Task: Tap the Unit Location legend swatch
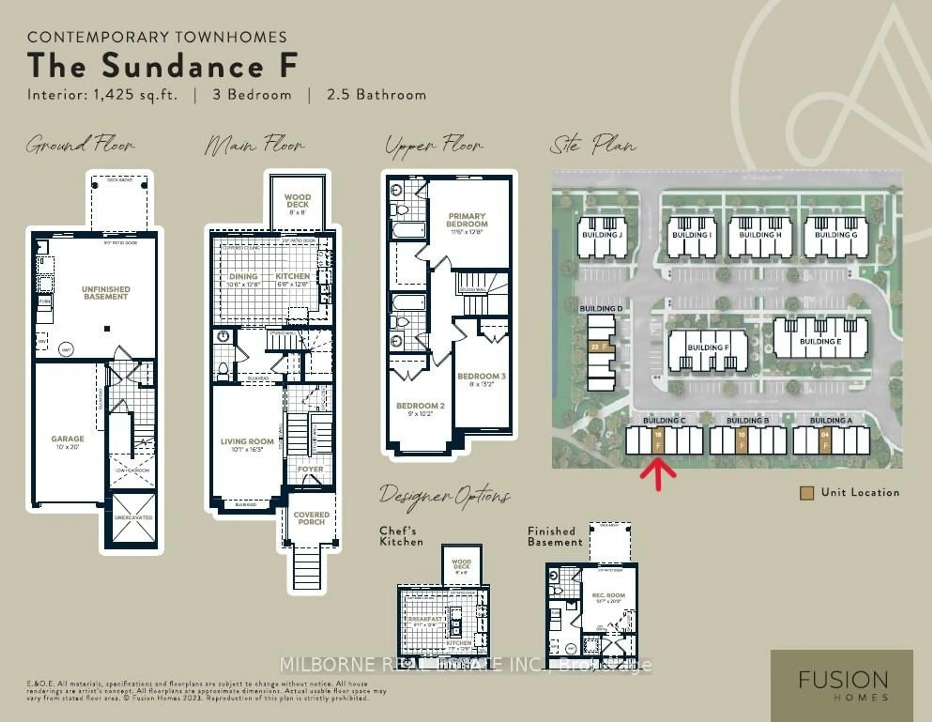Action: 806,493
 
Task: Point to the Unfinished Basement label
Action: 106,293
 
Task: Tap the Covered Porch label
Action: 312,518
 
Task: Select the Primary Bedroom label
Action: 467,220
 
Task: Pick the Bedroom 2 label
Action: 420,406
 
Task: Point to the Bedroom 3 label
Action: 481,376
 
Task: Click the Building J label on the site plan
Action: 602,235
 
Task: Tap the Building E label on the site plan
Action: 820,342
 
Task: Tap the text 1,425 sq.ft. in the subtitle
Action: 135,94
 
